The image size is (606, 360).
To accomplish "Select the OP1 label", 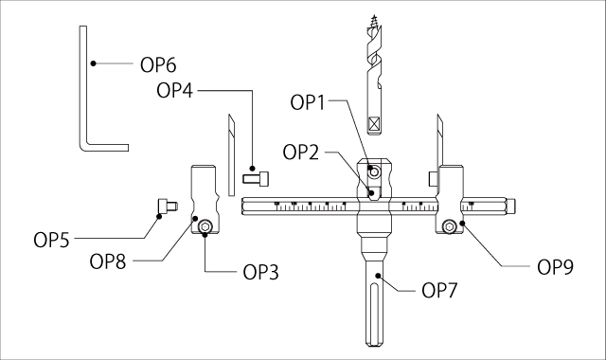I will tap(311, 101).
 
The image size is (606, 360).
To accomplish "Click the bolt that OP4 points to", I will tap(256, 175).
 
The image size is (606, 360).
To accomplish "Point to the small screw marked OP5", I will tap(167, 205).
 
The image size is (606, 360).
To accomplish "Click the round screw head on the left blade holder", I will tap(205, 225).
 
